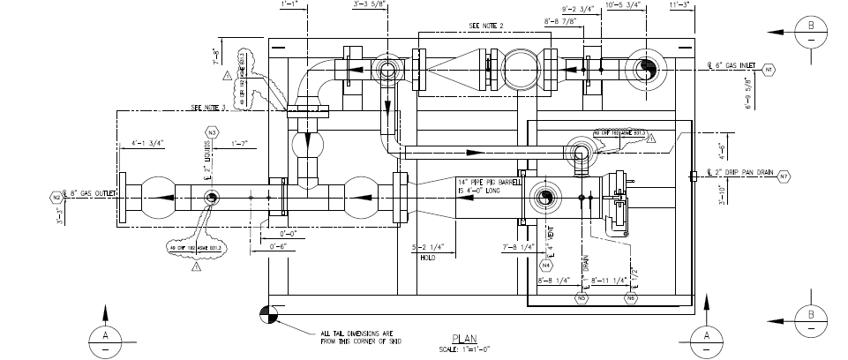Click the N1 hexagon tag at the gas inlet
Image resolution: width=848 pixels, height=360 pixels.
[769, 68]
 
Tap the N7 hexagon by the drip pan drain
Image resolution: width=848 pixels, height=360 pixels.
[783, 176]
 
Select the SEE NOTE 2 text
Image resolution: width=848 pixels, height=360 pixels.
[486, 26]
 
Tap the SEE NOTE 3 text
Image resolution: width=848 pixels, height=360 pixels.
[209, 108]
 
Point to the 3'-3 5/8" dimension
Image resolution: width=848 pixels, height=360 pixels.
[367, 5]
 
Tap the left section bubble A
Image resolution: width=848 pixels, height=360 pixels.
[107, 339]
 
